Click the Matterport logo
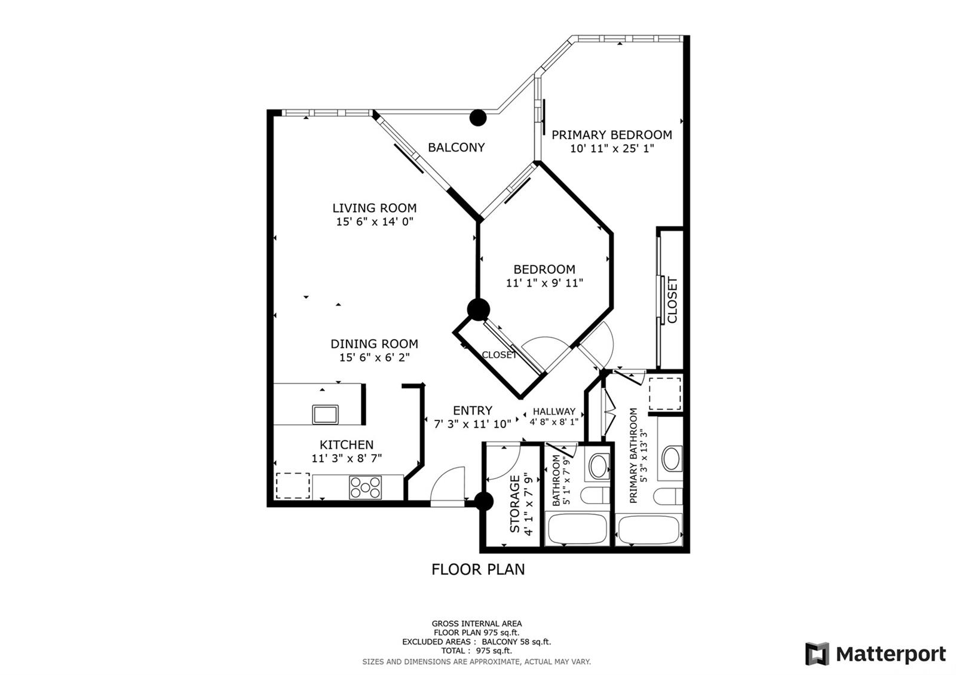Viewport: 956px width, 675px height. pos(876,654)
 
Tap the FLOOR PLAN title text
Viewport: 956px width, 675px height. pos(478,570)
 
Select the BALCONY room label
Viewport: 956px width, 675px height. pos(456,148)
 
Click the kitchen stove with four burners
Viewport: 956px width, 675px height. pos(365,487)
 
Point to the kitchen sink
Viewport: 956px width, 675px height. pos(325,415)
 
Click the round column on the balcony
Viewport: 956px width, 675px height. pos(478,118)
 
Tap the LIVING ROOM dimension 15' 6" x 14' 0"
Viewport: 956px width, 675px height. pos(375,222)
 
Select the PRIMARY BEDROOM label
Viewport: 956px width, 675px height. pos(612,135)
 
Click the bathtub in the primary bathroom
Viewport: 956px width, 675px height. pos(649,530)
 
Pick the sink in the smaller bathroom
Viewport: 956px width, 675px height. pos(599,466)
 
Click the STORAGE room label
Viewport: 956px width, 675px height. pos(515,504)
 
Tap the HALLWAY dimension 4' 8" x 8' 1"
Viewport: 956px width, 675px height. pos(554,422)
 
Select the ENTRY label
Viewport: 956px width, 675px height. pos(473,410)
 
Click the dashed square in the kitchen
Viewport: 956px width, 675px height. pos(293,486)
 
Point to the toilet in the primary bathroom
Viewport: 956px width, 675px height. pos(668,496)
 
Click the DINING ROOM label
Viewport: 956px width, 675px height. pos(374,344)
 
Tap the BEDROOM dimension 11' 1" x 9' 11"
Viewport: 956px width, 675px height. pos(544,283)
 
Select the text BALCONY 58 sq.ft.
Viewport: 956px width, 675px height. pos(516,642)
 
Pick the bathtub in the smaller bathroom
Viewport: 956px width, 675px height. pos(577,529)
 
